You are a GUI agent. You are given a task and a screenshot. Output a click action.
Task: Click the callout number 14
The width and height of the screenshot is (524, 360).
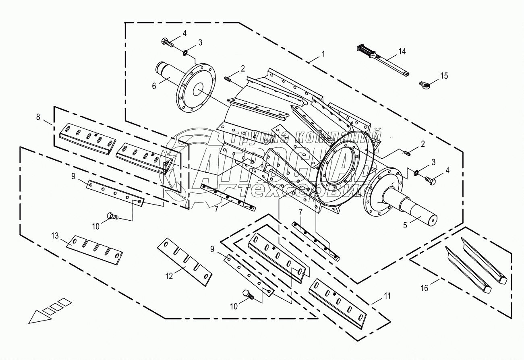(x=402, y=51)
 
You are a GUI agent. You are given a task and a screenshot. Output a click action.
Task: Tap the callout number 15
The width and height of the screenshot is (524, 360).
(x=443, y=76)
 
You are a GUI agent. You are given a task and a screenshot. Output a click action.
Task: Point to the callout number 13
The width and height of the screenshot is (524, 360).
(x=55, y=236)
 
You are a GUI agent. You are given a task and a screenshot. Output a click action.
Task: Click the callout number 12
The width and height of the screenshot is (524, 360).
(x=169, y=276)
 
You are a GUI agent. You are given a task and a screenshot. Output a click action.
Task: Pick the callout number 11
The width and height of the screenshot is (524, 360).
(x=387, y=296)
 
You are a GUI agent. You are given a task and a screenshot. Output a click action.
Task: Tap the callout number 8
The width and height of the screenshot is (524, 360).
(x=38, y=117)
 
